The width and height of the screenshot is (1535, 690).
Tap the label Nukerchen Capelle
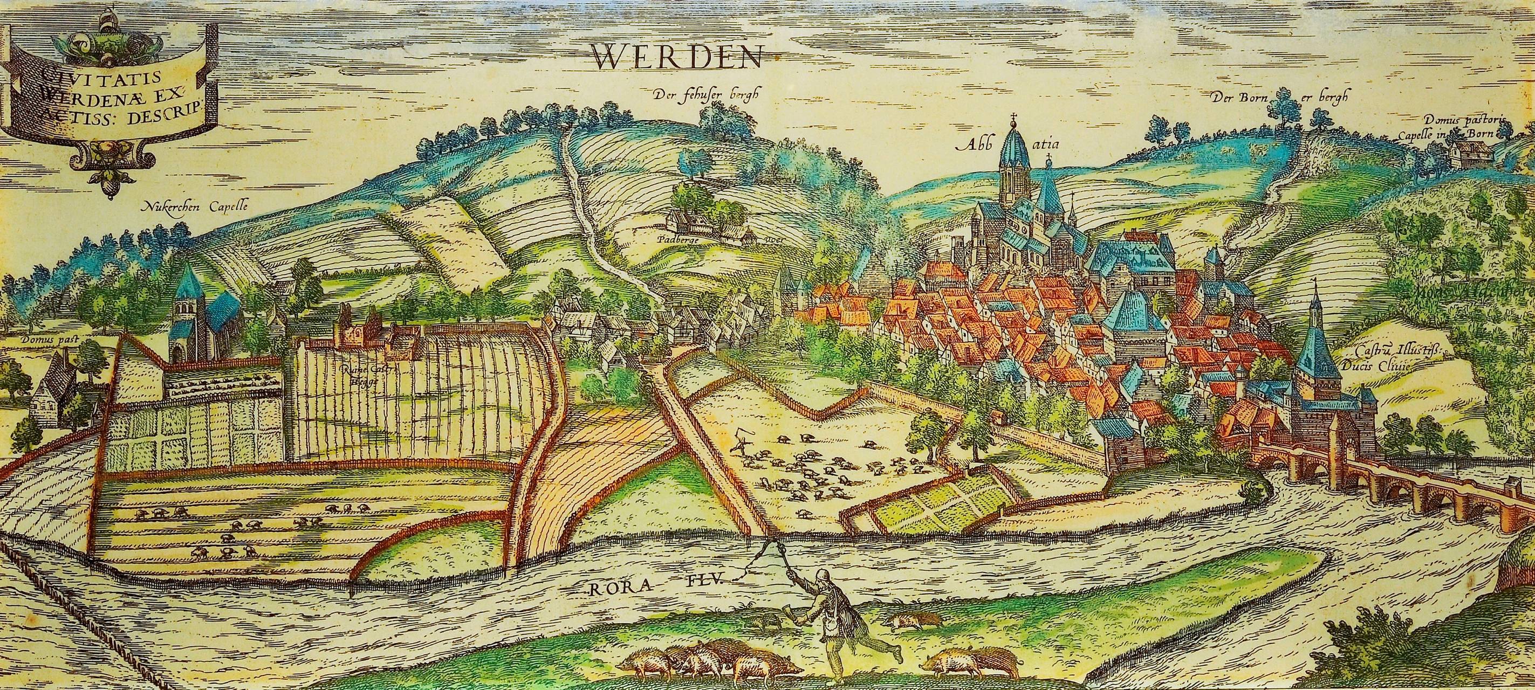tap(194, 208)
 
